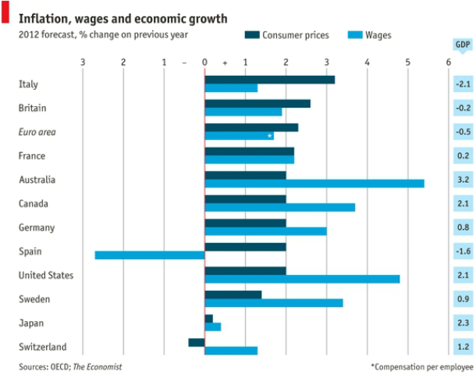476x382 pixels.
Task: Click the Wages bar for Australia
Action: (314, 184)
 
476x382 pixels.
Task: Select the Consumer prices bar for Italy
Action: (269, 80)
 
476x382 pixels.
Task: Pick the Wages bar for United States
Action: (302, 279)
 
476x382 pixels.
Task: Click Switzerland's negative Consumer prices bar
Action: (196, 342)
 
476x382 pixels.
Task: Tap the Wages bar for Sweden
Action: (273, 302)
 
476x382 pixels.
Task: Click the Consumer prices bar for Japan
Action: (208, 318)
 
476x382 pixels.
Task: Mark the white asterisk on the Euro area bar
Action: (269, 136)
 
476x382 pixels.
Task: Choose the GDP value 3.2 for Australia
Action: (463, 180)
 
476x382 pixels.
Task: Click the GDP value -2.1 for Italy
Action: (463, 84)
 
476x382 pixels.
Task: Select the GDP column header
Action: (463, 45)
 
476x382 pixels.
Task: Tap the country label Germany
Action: (37, 227)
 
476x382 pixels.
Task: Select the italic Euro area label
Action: (37, 132)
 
